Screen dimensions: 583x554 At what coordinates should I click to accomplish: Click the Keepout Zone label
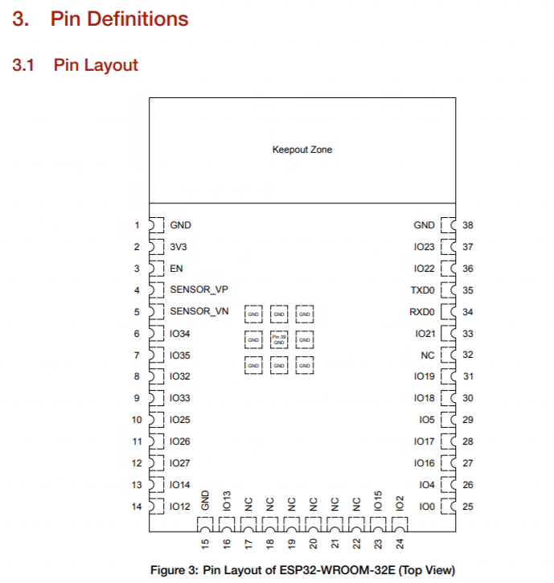[x=302, y=150]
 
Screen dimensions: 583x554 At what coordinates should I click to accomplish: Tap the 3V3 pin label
[x=178, y=247]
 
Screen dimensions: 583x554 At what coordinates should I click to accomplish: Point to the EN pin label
[x=176, y=269]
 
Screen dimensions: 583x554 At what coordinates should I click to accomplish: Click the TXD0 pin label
[x=422, y=290]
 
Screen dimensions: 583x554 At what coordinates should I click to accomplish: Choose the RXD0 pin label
[x=422, y=312]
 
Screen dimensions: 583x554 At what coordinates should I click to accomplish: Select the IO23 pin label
[x=424, y=247]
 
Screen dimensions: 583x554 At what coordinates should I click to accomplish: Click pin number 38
[x=468, y=225]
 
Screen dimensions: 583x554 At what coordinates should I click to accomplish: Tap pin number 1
[x=137, y=225]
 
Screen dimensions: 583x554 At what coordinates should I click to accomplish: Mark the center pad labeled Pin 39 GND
[x=279, y=340]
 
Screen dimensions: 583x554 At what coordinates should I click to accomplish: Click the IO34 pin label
[x=180, y=334]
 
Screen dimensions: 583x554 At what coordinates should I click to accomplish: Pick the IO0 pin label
[x=426, y=507]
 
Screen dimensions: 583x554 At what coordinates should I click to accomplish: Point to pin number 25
[x=468, y=507]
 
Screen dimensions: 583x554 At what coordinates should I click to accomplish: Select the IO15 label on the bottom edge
[x=379, y=500]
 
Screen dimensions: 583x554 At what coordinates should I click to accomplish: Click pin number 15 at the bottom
[x=205, y=544]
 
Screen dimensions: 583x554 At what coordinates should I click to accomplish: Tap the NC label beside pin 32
[x=428, y=355]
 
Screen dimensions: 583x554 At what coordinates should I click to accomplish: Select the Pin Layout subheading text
[x=96, y=65]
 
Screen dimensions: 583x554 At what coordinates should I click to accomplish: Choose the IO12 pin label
[x=180, y=507]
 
